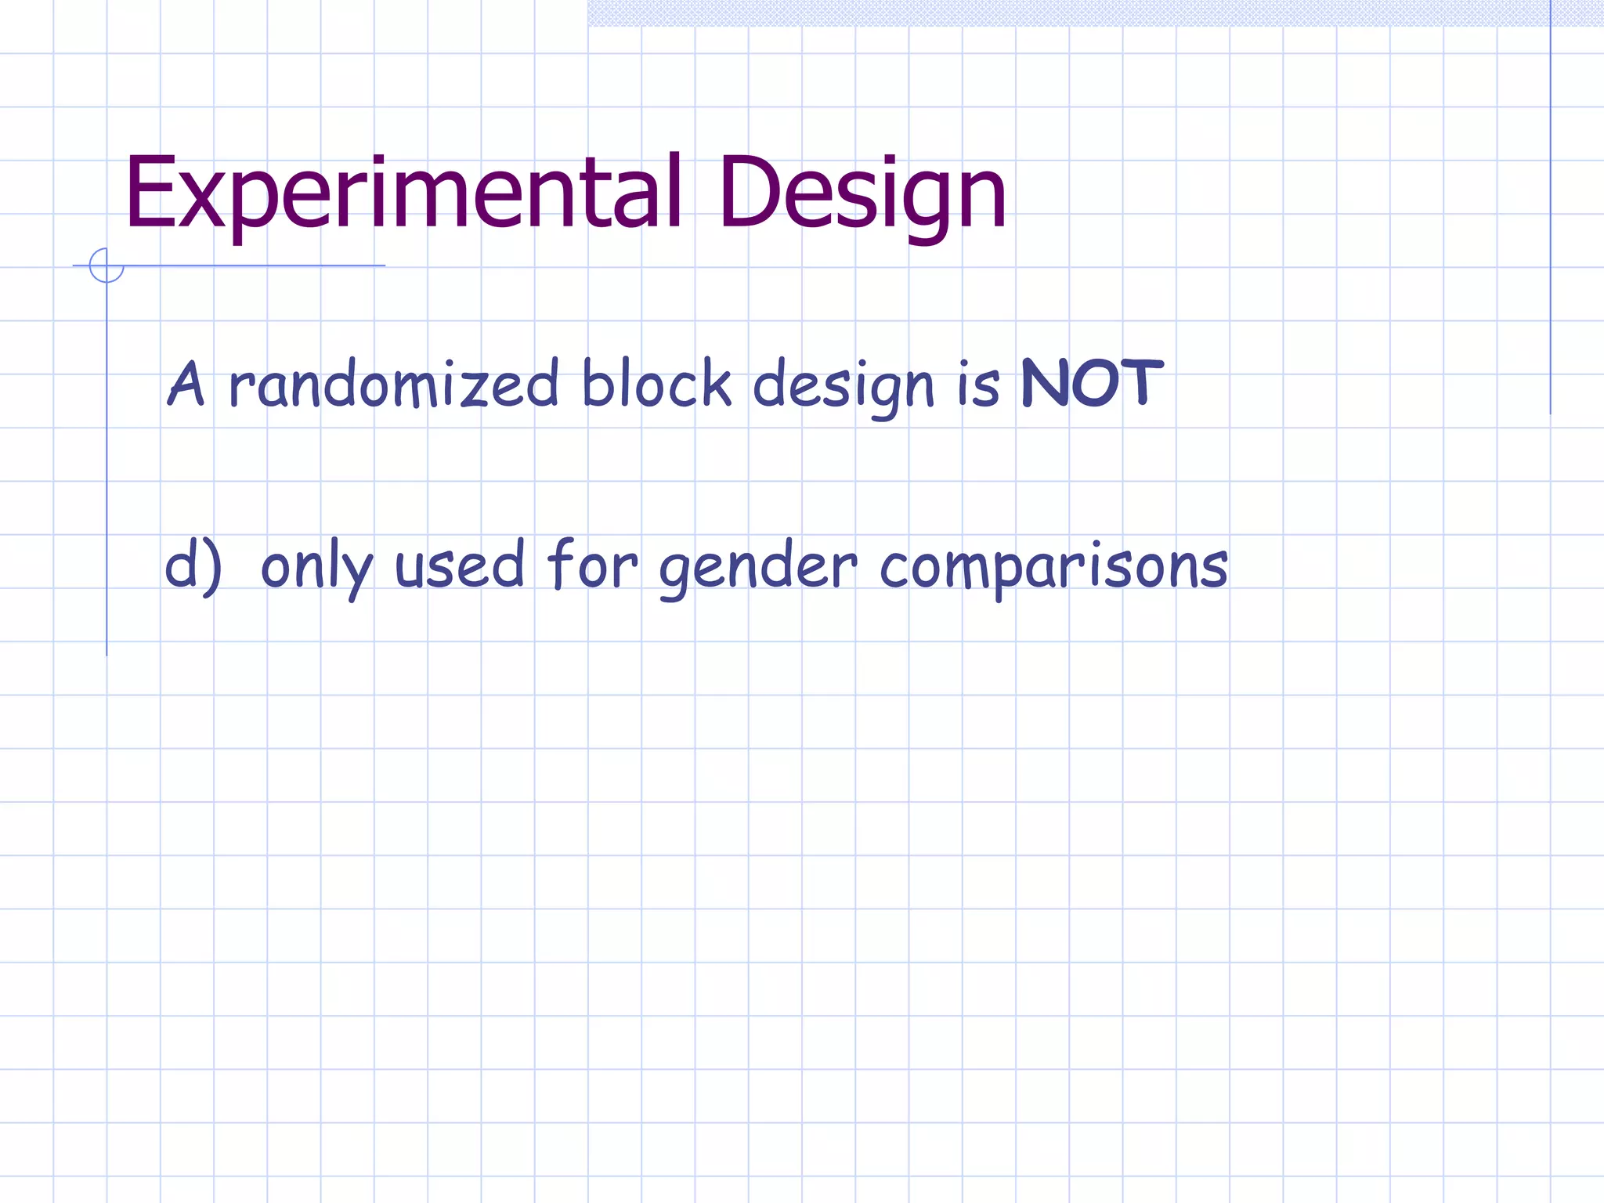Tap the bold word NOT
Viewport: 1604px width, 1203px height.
(1092, 384)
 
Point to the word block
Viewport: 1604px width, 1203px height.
(656, 384)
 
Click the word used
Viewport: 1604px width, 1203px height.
(459, 565)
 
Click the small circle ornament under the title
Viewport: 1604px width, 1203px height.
(107, 266)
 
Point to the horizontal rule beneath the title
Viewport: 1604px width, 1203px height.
(251, 266)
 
